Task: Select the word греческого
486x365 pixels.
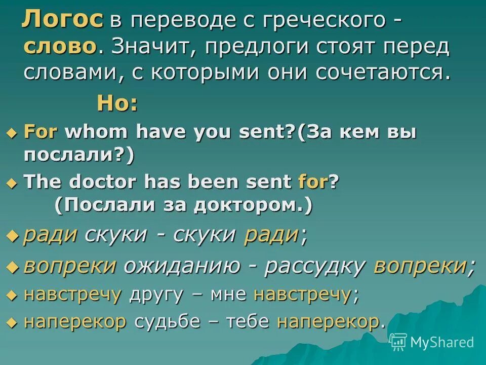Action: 328,21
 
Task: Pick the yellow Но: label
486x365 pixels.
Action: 117,104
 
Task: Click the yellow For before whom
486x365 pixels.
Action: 41,133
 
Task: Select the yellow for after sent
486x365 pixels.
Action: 313,182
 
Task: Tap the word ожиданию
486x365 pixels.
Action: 189,266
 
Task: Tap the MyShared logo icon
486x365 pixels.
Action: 398,342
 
